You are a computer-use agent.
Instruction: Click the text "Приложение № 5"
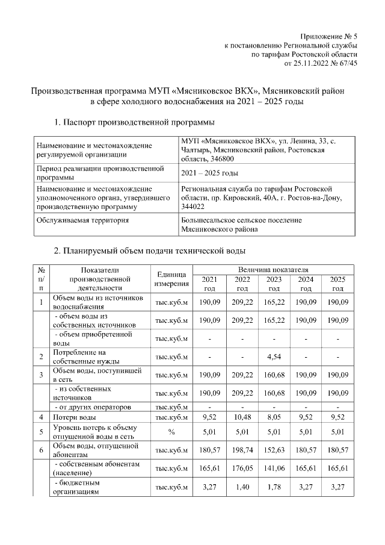tap(329, 37)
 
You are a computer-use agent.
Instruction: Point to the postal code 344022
tap(193, 207)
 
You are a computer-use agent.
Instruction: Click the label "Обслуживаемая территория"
tap(82, 220)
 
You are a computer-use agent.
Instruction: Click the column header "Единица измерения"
tap(172, 278)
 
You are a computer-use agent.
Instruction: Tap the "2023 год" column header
tap(274, 284)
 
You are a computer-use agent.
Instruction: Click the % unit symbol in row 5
tap(172, 431)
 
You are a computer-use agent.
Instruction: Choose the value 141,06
tap(274, 468)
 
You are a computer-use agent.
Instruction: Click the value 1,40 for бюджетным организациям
tap(241, 487)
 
